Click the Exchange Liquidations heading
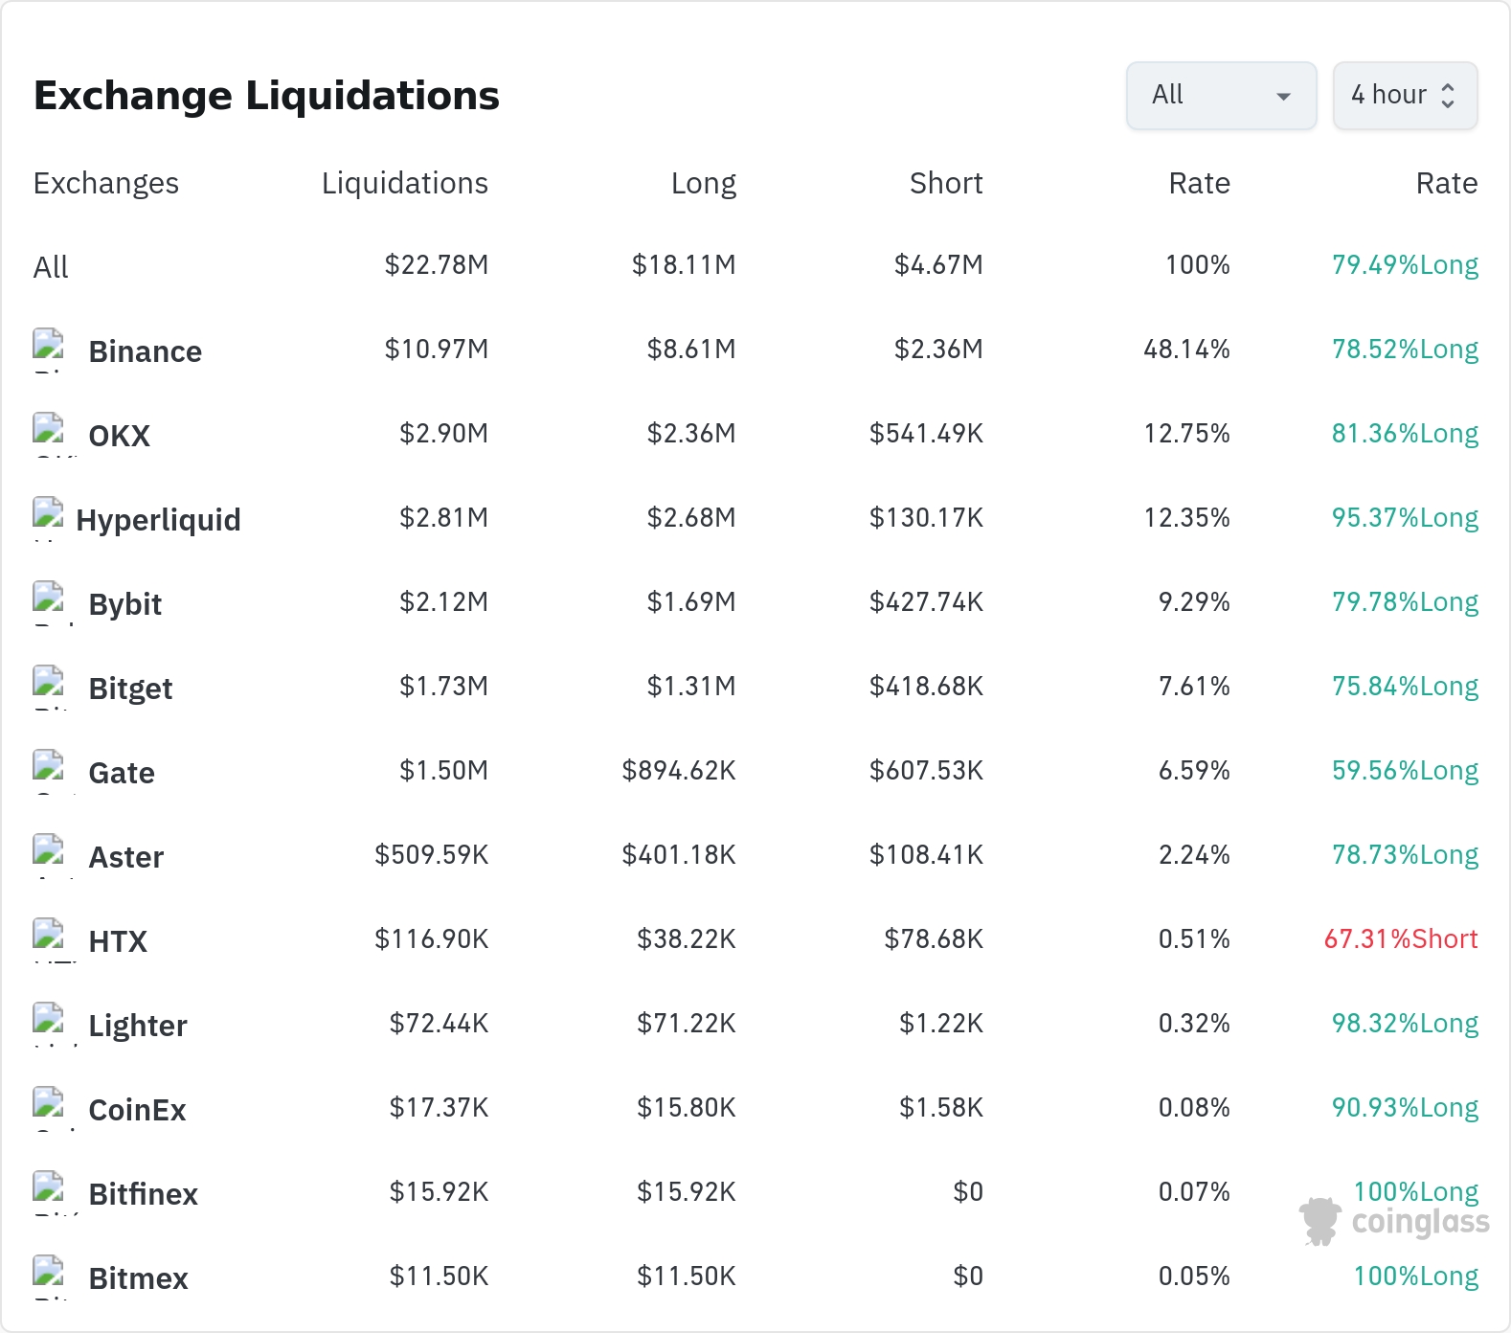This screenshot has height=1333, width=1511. [x=266, y=96]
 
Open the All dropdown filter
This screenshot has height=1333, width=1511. [x=1221, y=96]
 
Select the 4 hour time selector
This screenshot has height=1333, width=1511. [x=1405, y=96]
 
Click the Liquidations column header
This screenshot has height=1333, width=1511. [x=405, y=183]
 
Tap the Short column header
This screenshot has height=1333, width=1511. [x=946, y=183]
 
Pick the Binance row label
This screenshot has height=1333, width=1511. [x=145, y=351]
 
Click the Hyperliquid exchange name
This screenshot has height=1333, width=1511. [x=158, y=520]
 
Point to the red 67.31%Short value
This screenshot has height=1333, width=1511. [x=1401, y=938]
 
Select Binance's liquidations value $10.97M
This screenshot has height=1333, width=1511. [x=437, y=349]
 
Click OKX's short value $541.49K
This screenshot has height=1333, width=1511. [x=926, y=433]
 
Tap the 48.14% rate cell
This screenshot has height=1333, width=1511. [x=1186, y=349]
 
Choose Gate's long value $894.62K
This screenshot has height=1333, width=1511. [x=679, y=770]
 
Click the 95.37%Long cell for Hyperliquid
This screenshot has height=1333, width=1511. [x=1405, y=517]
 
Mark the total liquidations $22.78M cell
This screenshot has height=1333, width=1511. [x=437, y=264]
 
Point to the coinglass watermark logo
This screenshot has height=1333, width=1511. [x=1394, y=1222]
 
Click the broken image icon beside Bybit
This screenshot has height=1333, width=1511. [x=48, y=597]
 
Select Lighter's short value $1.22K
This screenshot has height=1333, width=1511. [x=941, y=1023]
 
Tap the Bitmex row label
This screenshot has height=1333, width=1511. [x=138, y=1278]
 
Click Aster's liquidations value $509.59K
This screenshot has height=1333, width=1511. [x=432, y=854]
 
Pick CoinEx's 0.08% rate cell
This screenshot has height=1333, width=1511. [x=1194, y=1107]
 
